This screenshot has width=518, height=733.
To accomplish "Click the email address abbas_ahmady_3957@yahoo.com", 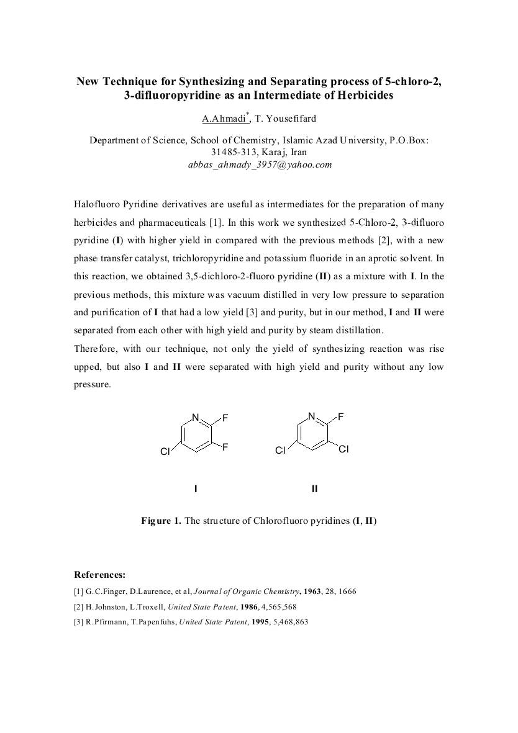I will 260,164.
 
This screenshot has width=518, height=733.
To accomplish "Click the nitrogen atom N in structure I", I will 195,418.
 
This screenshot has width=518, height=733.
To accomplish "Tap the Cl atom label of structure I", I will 165,452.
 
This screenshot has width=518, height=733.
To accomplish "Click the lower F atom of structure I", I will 225,446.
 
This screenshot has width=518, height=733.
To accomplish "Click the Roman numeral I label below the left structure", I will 196,489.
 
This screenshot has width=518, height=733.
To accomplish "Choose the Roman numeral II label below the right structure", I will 314,489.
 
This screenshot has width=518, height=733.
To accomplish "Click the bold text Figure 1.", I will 161,521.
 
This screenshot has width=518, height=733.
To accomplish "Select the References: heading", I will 99,575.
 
